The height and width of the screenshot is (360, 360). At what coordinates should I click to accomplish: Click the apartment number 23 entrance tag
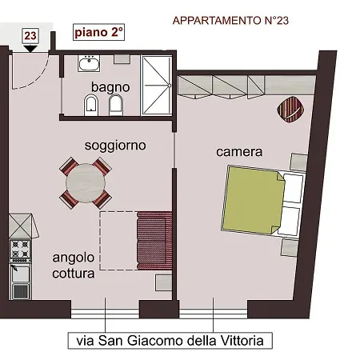[30, 35]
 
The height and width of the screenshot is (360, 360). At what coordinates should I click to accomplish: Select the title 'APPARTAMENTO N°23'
[230, 21]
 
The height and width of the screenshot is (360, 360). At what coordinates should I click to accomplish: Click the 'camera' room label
[239, 150]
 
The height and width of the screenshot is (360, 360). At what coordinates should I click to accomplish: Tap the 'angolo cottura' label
[74, 265]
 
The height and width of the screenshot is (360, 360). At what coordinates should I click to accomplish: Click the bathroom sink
[90, 62]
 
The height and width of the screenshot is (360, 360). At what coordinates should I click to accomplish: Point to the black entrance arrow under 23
[30, 48]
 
